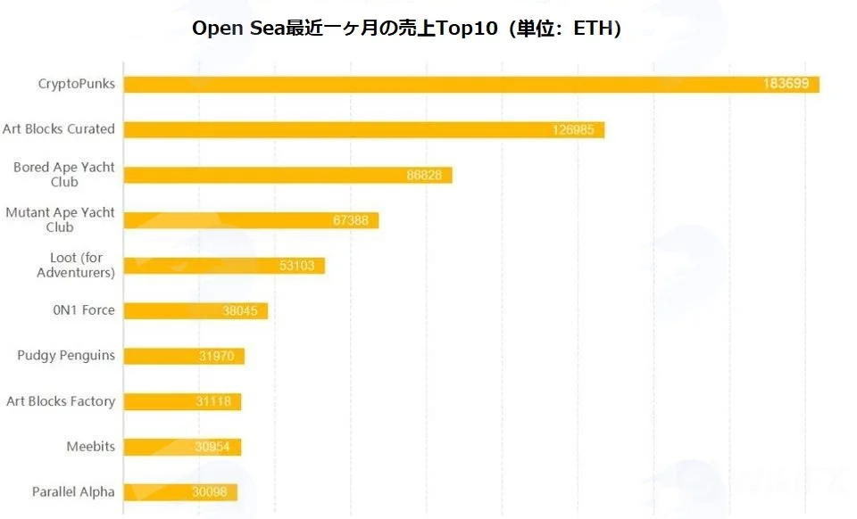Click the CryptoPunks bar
coord(471,84)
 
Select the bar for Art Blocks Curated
coord(364,130)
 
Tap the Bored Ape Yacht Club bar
coord(288,175)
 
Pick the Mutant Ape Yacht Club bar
coord(252,220)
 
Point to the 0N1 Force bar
coord(196,311)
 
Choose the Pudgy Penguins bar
coord(184,357)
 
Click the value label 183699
coord(786,84)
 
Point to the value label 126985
coord(573,130)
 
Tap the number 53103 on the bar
coord(296,266)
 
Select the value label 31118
coord(213,401)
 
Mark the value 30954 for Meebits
coord(212,447)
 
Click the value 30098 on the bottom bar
coord(209,492)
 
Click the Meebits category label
coord(91,447)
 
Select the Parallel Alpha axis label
coord(73,492)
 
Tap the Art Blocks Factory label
coord(61,401)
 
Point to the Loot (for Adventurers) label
coord(76,265)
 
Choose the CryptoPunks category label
coord(77,84)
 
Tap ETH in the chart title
coord(593,29)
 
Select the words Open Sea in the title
coord(239,29)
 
